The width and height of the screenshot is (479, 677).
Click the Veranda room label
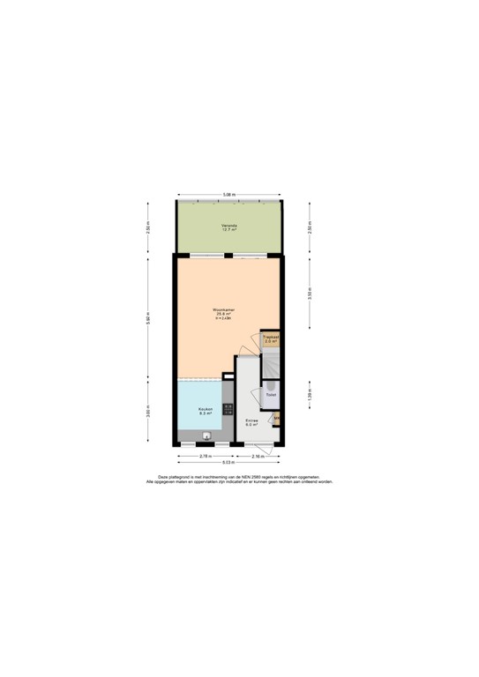coord(229,227)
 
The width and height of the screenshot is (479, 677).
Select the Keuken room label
coord(205,411)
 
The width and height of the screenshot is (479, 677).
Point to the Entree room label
coord(251,422)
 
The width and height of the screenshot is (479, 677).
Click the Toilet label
coord(270,407)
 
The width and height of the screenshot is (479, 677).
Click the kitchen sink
coord(208,435)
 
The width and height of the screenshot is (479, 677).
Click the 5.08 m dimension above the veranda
coord(228,195)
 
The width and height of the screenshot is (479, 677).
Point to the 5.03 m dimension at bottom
coord(228,463)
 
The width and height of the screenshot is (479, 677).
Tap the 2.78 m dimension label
coord(205,456)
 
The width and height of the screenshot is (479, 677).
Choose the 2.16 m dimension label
coord(258,456)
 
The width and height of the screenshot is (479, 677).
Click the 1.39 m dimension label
coord(309,398)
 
